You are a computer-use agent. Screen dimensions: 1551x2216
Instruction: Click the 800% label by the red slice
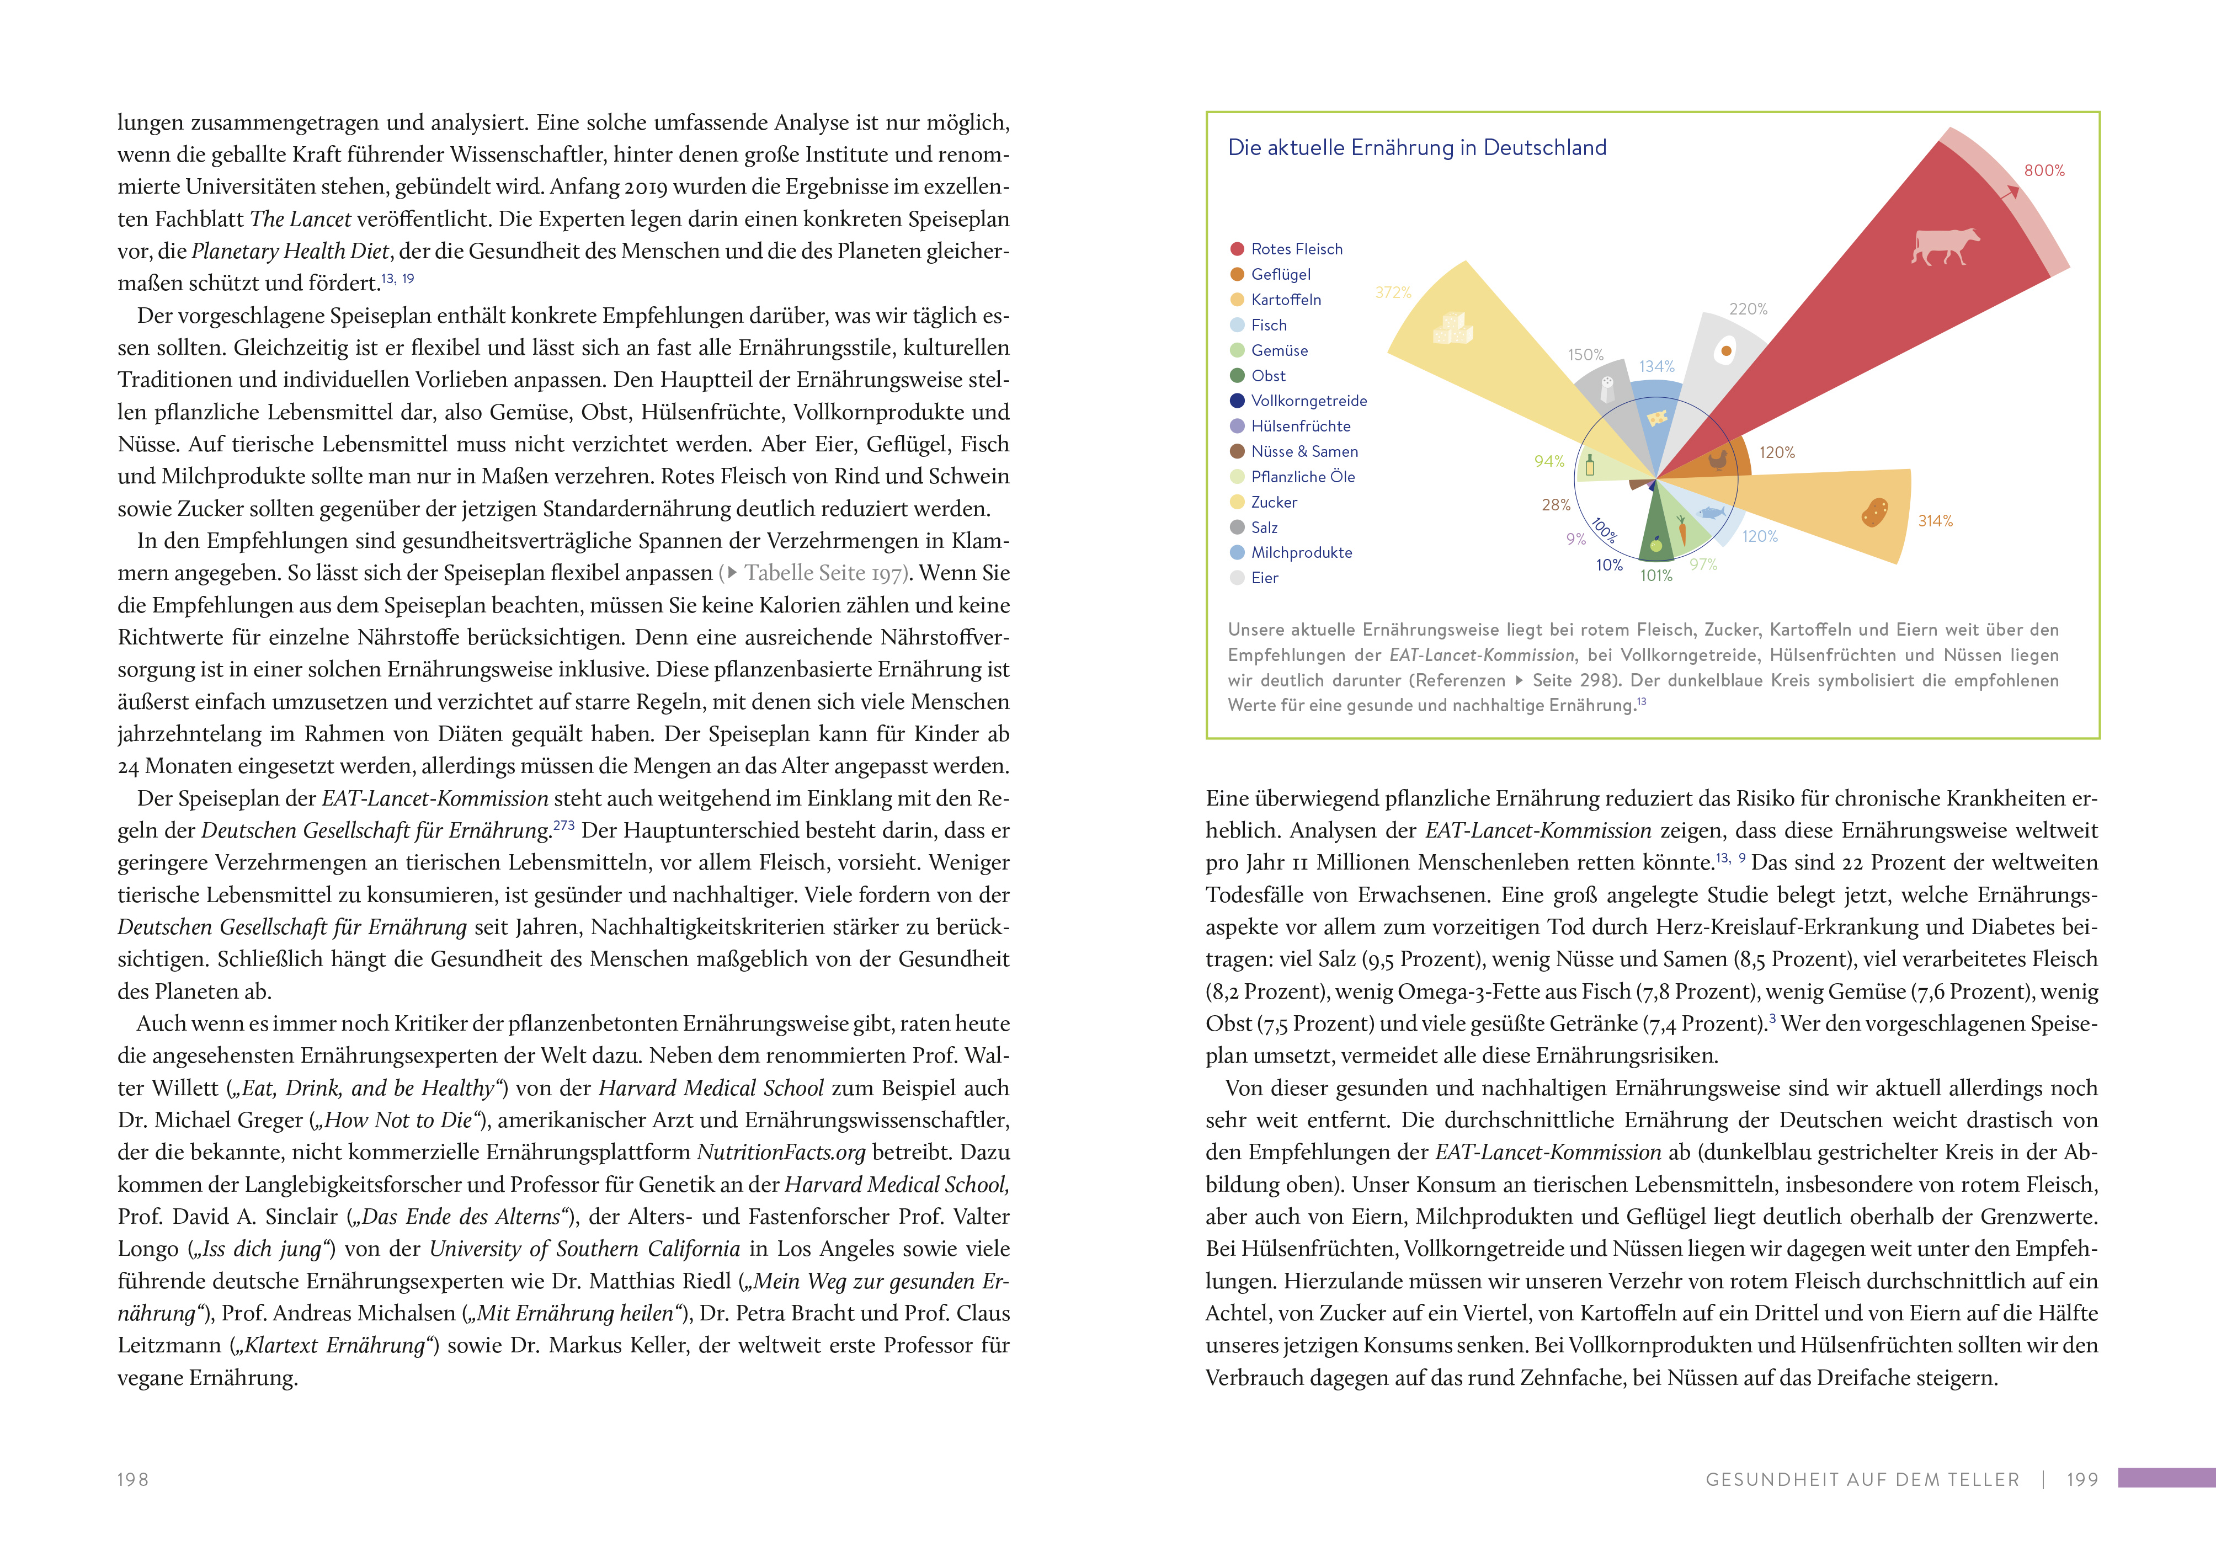2044,171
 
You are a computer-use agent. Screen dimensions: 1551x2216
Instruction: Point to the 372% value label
1393,292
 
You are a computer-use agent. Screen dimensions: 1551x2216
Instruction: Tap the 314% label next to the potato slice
1935,521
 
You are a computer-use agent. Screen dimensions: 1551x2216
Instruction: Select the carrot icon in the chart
1682,530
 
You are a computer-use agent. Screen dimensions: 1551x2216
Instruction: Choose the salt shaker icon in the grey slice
1607,389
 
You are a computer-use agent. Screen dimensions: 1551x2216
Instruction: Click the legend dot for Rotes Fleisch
1237,249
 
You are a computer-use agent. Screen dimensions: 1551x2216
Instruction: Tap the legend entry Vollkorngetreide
1309,401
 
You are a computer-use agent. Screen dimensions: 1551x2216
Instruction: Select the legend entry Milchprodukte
1301,552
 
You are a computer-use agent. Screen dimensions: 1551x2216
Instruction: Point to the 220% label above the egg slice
1748,309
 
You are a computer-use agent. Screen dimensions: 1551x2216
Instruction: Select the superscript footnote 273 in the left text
563,825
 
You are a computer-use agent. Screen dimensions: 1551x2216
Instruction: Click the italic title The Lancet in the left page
300,219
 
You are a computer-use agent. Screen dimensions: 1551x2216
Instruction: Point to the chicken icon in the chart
1718,460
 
